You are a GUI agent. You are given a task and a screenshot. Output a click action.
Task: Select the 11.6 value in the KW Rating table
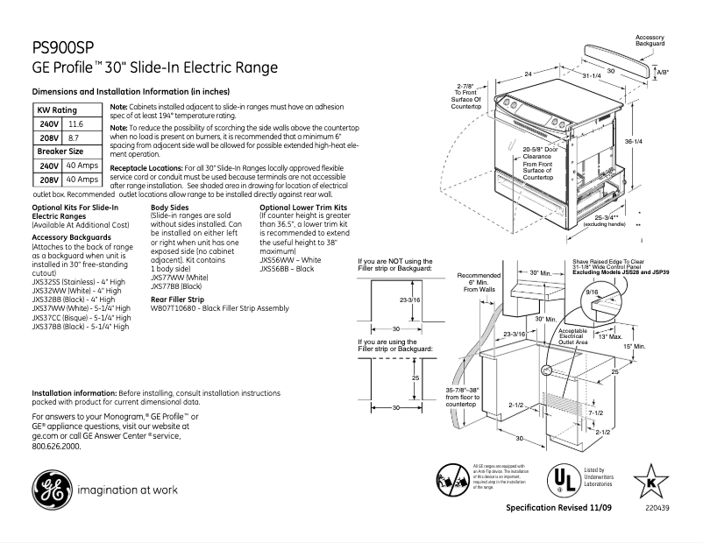pos(75,125)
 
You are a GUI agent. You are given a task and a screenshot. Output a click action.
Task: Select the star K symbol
pos(650,480)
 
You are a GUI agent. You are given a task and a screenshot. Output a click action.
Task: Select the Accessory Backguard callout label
pos(650,40)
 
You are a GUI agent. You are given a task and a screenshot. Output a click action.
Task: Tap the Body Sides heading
pos(169,208)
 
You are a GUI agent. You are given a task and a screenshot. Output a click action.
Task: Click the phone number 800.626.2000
pos(56,446)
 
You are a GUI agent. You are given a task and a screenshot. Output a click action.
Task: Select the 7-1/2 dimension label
pos(595,412)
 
